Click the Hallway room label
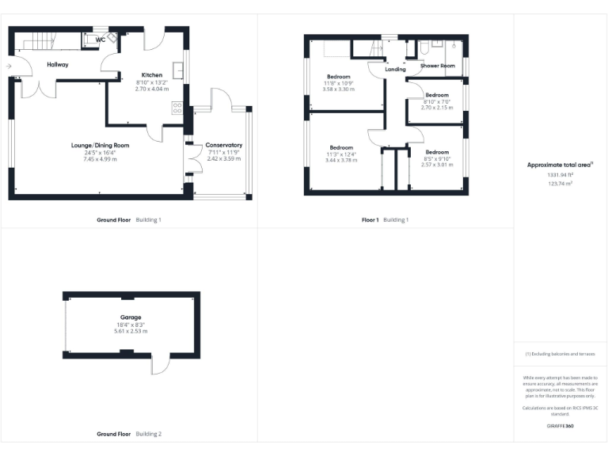pos(57,65)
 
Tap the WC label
pos(101,40)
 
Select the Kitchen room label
pos(151,75)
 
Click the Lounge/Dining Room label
pos(101,146)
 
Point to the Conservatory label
pos(223,146)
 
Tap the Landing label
pos(395,70)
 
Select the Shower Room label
pos(437,66)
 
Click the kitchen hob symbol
pos(177,108)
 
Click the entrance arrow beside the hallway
pos(8,66)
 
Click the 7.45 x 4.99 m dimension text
pos(101,159)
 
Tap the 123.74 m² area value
pos(560,183)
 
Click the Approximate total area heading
pos(560,165)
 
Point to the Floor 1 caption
pos(370,219)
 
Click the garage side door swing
pos(160,363)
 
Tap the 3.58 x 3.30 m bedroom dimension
pos(338,89)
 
